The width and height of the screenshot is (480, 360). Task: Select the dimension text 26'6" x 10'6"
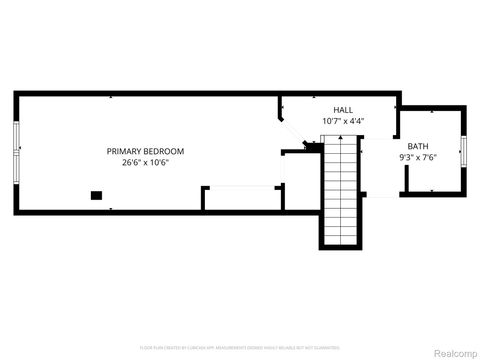(145, 162)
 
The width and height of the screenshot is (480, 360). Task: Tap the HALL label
(343, 110)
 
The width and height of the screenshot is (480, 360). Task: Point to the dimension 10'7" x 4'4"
(343, 121)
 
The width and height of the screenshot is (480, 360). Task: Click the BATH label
(417, 146)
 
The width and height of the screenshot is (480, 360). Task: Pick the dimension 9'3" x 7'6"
(417, 157)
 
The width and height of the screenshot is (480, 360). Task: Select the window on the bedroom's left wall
(17, 151)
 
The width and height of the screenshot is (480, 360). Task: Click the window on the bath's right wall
(463, 151)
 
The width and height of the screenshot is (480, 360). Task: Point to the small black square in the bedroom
(96, 195)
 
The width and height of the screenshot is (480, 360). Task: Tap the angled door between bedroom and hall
(284, 128)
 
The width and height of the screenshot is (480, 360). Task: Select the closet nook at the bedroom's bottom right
(243, 198)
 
